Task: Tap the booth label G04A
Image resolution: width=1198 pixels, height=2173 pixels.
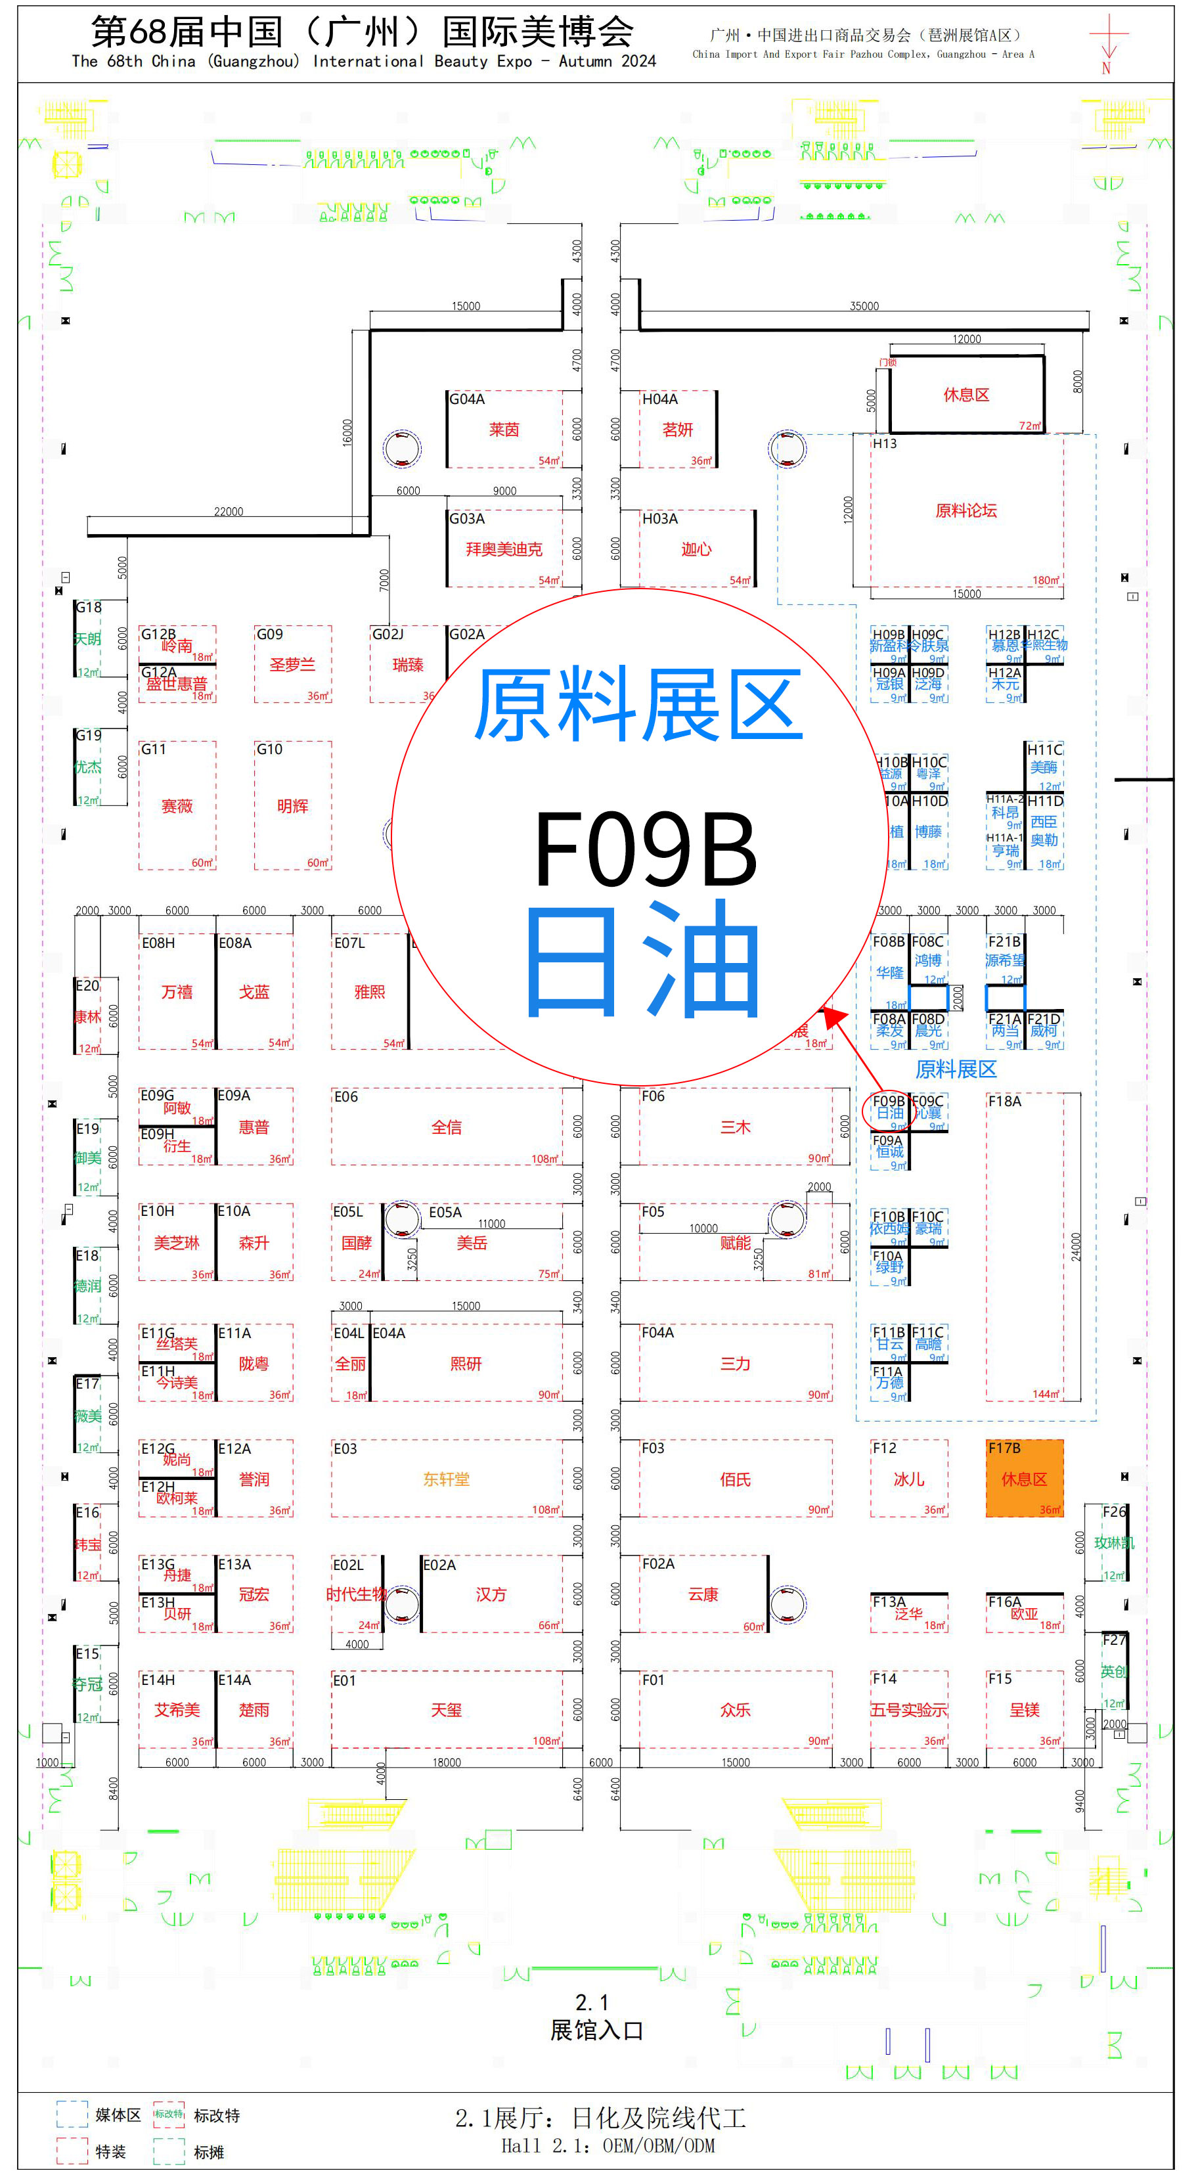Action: (x=466, y=399)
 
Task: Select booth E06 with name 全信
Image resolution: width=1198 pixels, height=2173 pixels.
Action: (x=447, y=1127)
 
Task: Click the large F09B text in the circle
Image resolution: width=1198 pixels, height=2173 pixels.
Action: (x=646, y=849)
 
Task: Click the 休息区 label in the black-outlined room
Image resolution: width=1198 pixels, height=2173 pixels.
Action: (x=966, y=395)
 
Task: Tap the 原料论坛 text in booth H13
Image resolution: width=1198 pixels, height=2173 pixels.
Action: (x=966, y=510)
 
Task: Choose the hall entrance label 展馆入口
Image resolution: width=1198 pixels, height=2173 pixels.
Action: (x=596, y=2030)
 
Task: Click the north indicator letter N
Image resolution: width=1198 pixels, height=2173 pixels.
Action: (x=1106, y=68)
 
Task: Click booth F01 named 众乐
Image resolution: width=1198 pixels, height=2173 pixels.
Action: (x=735, y=1709)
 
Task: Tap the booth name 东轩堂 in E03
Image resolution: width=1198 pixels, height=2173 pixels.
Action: (x=447, y=1479)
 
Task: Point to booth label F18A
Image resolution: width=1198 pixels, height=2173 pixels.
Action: (x=1004, y=1101)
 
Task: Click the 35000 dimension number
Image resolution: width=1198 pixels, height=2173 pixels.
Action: (x=864, y=306)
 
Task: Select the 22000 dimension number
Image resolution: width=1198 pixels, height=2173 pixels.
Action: (x=228, y=511)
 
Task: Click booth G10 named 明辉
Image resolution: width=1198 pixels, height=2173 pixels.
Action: (x=293, y=805)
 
